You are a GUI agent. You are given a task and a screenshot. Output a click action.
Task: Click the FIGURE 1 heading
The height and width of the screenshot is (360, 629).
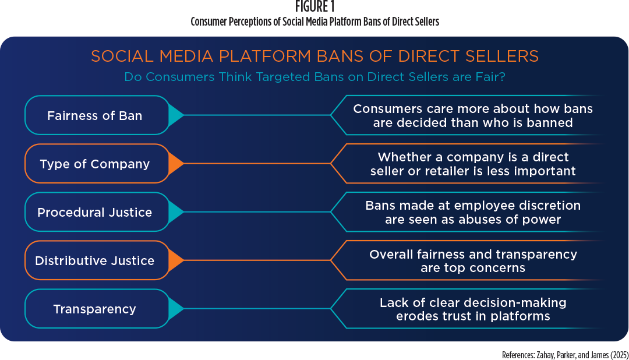click(314, 6)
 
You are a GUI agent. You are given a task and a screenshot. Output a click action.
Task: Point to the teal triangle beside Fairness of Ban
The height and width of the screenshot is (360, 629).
click(176, 115)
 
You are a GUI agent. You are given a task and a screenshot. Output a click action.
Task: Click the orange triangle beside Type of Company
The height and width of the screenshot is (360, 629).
click(176, 163)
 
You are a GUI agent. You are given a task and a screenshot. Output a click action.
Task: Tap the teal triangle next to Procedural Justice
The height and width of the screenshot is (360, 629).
click(176, 212)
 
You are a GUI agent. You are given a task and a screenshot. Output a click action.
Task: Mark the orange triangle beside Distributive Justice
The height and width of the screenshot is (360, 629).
click(176, 260)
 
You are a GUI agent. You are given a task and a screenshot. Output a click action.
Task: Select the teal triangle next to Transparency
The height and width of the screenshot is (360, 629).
click(176, 309)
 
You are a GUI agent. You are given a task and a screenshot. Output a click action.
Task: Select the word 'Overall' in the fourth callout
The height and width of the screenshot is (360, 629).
click(391, 255)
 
